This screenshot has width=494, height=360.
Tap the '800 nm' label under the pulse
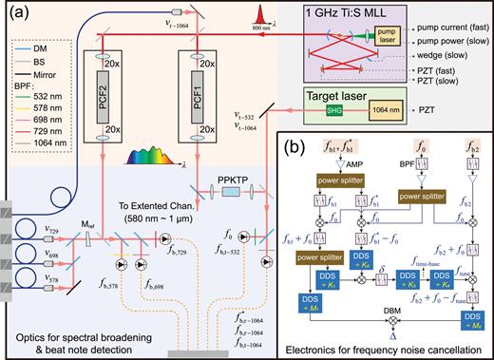tap(288, 32)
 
